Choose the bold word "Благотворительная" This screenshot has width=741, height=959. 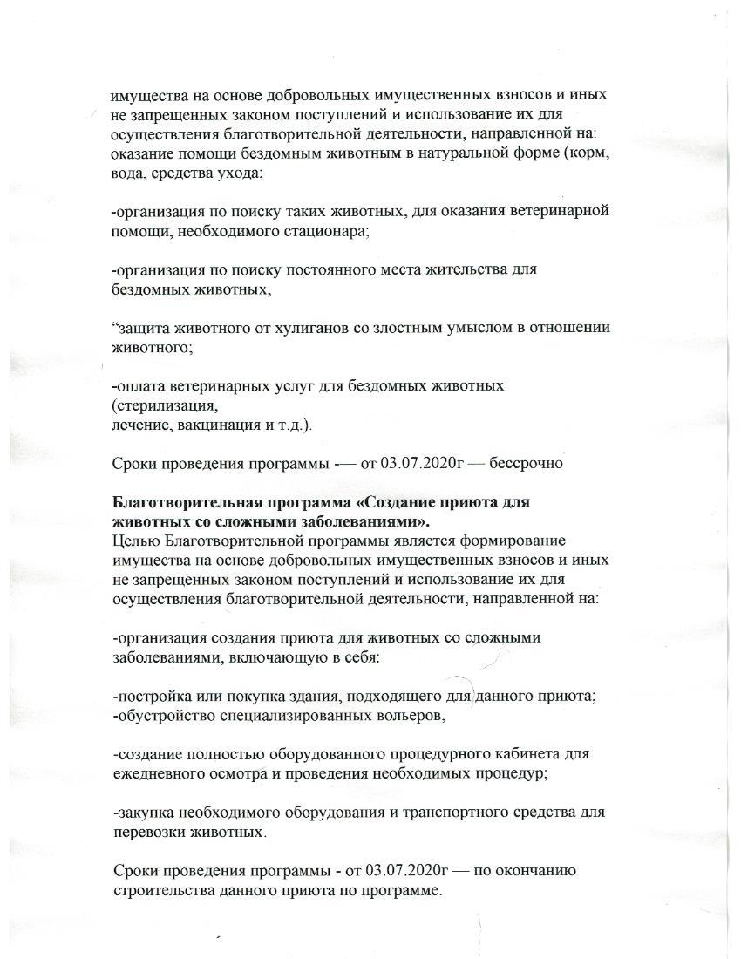coord(181,503)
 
